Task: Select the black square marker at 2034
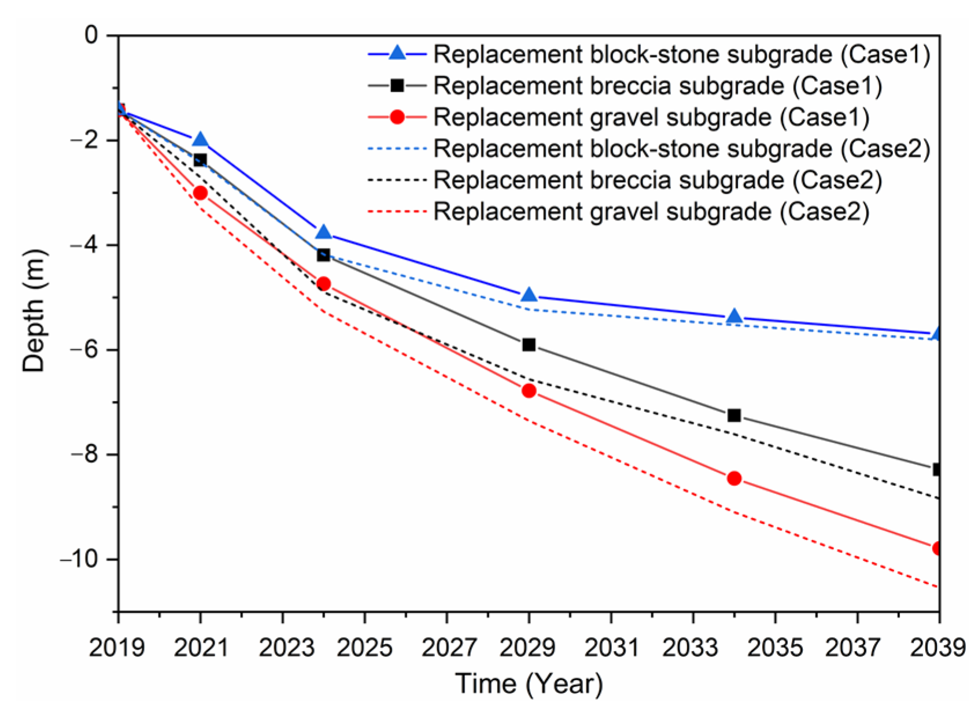(734, 415)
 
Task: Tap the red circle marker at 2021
(200, 193)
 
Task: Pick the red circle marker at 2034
(734, 478)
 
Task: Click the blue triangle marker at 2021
(200, 140)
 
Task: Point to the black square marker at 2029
(529, 345)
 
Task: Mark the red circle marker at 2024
(323, 284)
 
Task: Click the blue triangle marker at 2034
(734, 316)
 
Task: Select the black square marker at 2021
(200, 160)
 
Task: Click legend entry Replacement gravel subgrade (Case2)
(651, 212)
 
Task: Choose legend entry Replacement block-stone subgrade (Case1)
(682, 54)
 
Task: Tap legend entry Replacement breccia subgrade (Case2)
(658, 180)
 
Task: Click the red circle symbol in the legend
(397, 117)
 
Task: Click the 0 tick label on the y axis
(91, 36)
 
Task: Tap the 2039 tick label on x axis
(938, 648)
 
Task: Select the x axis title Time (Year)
(529, 684)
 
